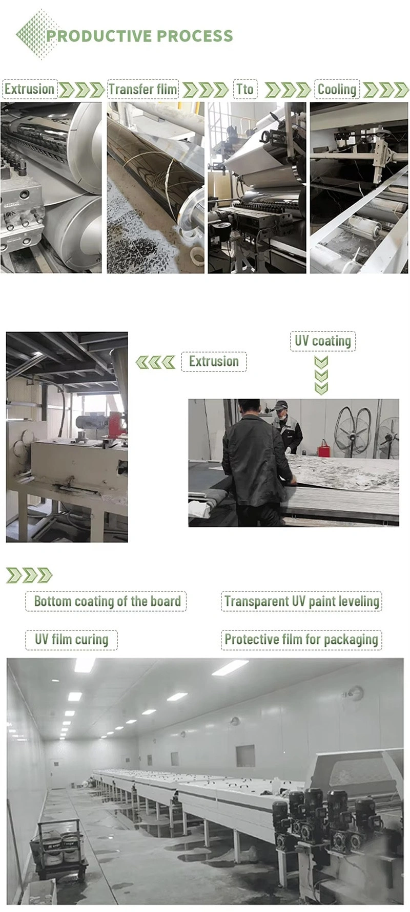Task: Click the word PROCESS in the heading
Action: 194,36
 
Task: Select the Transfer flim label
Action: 143,90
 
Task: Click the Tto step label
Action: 245,90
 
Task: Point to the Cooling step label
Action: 337,90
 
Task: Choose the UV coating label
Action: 323,341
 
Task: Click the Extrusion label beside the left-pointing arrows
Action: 214,361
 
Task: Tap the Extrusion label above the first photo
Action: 29,90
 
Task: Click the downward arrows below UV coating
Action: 321,376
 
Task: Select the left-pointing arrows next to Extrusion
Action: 155,362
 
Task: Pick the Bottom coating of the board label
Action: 107,601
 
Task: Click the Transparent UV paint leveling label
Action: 301,601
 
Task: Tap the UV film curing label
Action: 72,640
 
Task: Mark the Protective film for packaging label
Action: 301,640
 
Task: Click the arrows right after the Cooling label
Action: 385,90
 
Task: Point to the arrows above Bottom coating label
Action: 29,575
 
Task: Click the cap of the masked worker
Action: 280,405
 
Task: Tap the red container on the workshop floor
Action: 324,450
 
